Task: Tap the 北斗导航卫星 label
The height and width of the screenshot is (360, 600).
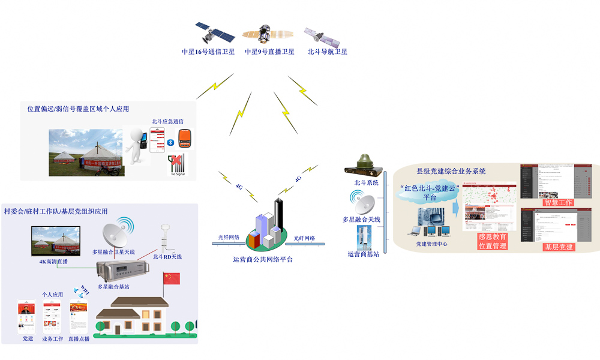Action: pyautogui.click(x=327, y=52)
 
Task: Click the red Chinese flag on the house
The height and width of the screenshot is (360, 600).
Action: pyautogui.click(x=172, y=278)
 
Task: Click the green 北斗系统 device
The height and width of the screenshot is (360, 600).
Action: pyautogui.click(x=365, y=165)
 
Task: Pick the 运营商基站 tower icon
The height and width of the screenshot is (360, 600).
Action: pyautogui.click(x=362, y=236)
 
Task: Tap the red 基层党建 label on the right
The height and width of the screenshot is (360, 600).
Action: pyautogui.click(x=558, y=247)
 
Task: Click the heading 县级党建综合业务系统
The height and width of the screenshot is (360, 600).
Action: pyautogui.click(x=451, y=171)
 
